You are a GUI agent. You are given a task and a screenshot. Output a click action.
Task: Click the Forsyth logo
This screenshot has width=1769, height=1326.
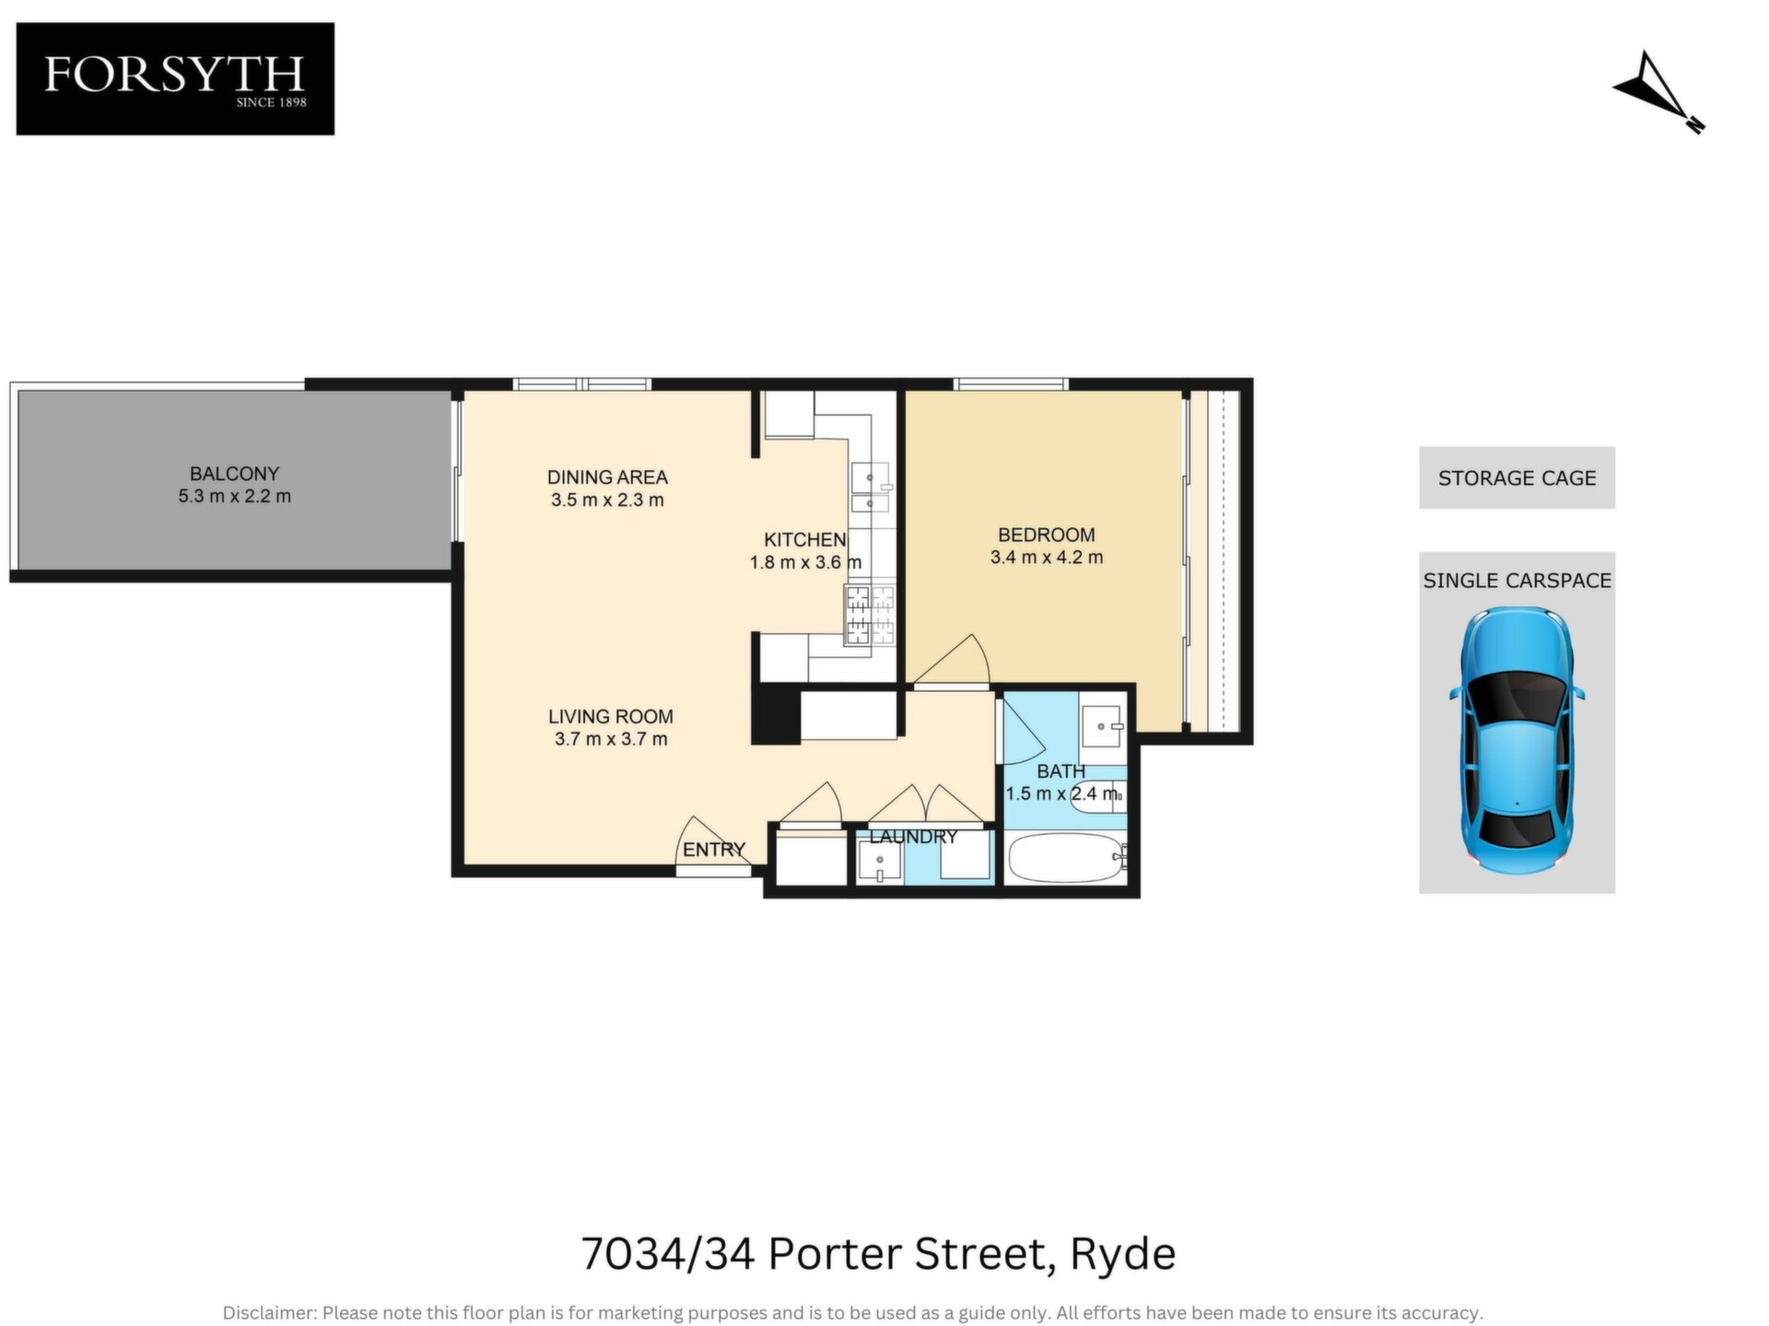tap(175, 79)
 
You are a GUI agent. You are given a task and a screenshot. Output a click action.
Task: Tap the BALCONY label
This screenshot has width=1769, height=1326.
tap(234, 474)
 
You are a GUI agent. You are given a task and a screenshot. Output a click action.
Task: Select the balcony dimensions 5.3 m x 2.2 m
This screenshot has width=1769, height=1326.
tap(234, 497)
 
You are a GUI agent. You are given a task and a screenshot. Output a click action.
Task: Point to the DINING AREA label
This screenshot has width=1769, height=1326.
tap(607, 477)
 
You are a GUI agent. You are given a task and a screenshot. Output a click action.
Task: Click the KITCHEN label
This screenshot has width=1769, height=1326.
tap(804, 540)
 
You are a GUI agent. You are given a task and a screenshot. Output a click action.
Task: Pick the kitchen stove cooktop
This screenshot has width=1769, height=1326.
tap(870, 615)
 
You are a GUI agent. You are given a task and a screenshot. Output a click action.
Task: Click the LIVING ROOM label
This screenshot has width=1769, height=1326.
tap(610, 716)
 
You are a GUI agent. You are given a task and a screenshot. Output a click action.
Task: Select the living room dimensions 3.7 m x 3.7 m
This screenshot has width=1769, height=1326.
tap(611, 739)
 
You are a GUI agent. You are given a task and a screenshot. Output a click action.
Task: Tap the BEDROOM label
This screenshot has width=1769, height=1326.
tap(1047, 534)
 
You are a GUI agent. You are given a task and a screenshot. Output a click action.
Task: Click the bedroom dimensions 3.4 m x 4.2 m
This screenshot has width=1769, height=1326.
tap(1047, 557)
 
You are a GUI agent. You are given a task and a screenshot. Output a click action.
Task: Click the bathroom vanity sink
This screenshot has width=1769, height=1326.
tap(1102, 726)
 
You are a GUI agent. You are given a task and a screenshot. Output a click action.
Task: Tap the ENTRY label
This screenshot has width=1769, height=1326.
tap(714, 850)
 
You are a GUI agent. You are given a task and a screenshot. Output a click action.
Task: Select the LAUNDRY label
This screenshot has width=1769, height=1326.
tap(913, 837)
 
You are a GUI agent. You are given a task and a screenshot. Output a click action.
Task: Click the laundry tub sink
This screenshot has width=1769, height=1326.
tap(880, 862)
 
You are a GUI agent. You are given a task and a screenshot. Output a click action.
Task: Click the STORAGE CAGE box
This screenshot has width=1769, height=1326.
tap(1517, 477)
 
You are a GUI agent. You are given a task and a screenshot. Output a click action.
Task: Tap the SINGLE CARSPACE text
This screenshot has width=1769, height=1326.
tap(1517, 581)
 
